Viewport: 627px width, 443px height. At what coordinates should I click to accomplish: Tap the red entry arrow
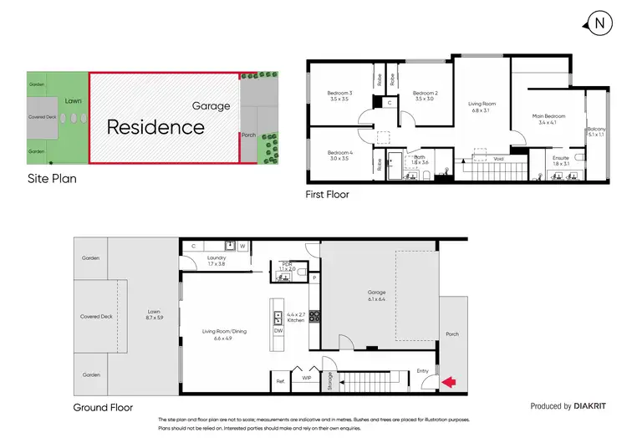(x=448, y=382)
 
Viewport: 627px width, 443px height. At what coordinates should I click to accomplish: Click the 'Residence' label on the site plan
(x=155, y=127)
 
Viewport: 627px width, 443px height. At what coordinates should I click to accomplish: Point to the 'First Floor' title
(x=327, y=194)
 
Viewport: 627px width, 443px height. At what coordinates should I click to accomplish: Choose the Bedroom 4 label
(x=339, y=155)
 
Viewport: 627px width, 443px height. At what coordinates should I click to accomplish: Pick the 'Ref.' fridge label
(x=281, y=382)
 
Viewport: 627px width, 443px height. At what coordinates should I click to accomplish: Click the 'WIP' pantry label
(x=307, y=378)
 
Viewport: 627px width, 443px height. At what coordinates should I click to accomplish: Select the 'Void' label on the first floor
(x=498, y=159)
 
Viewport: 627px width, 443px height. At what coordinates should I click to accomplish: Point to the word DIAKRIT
(x=595, y=406)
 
